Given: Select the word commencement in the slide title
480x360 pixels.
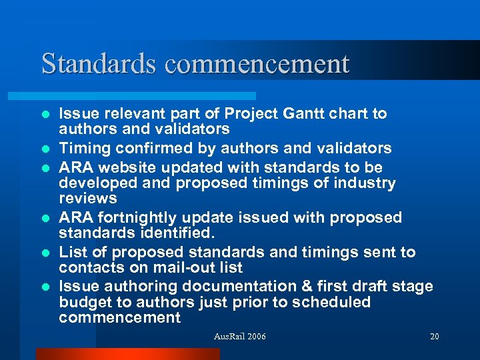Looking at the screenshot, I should pos(257,64).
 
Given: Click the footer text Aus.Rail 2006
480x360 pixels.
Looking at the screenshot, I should pos(239,337).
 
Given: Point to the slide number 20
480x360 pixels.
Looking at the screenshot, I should pos(435,337).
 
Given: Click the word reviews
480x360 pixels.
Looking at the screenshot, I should pos(87,199).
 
